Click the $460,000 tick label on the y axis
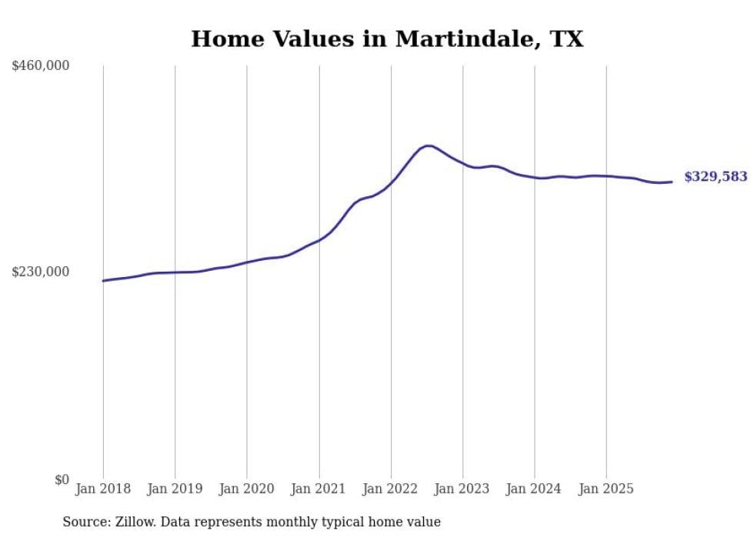click(x=41, y=66)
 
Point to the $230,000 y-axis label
click(x=41, y=272)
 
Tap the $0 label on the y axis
click(x=62, y=480)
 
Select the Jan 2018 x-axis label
click(x=103, y=489)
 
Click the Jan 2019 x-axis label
click(x=175, y=489)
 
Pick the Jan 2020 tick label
click(x=247, y=489)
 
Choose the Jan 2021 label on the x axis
click(x=319, y=489)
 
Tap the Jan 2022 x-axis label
click(x=391, y=489)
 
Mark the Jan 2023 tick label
click(x=463, y=489)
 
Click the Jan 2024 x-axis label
click(x=535, y=489)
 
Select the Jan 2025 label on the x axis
click(x=607, y=489)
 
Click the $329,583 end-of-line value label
click(x=716, y=177)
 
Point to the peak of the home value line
click(x=428, y=145)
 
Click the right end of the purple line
click(x=672, y=182)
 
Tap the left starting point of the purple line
click(x=103, y=281)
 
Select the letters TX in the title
click(x=566, y=39)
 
